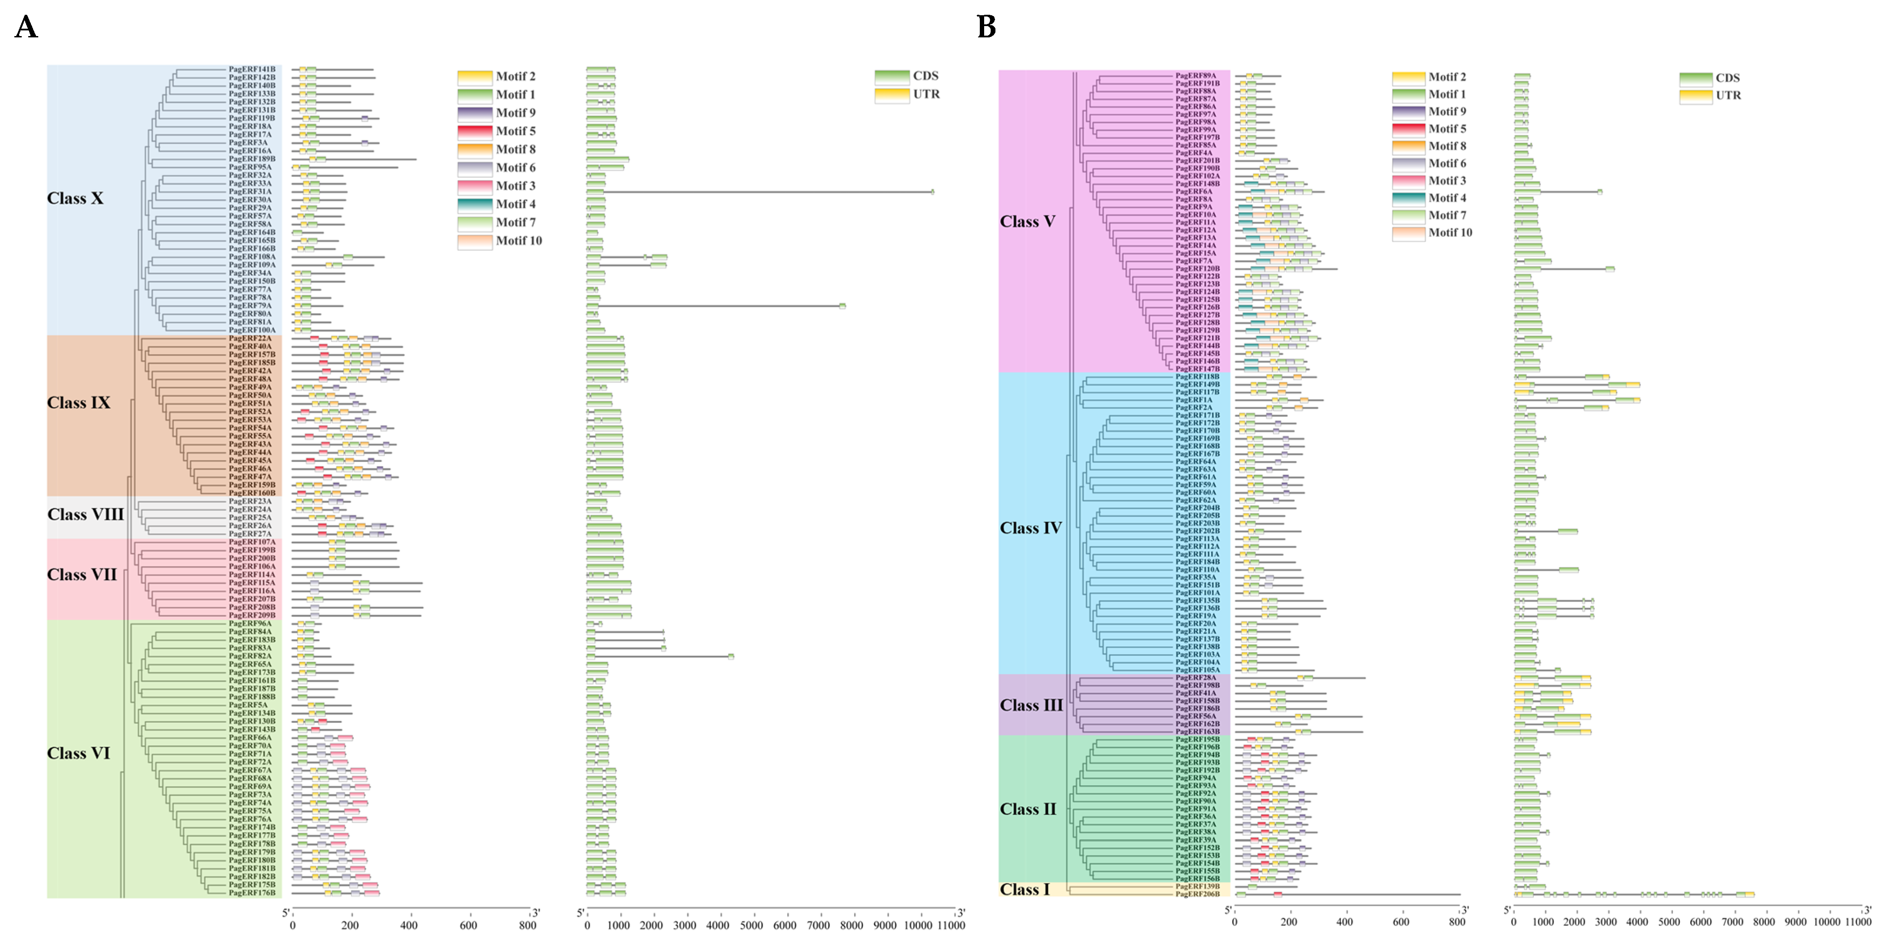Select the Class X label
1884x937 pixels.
point(75,198)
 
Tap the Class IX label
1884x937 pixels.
point(78,403)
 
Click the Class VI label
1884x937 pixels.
point(78,754)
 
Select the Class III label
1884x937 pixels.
point(1031,705)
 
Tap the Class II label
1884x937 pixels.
point(1028,809)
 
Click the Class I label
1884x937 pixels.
point(1024,890)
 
